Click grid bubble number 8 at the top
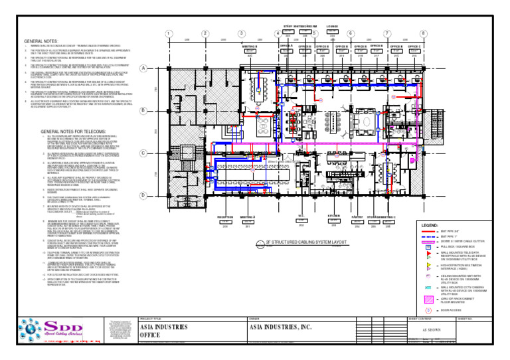click(x=423, y=35)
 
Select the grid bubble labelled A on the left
click(x=143, y=68)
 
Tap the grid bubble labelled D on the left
click(x=143, y=176)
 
